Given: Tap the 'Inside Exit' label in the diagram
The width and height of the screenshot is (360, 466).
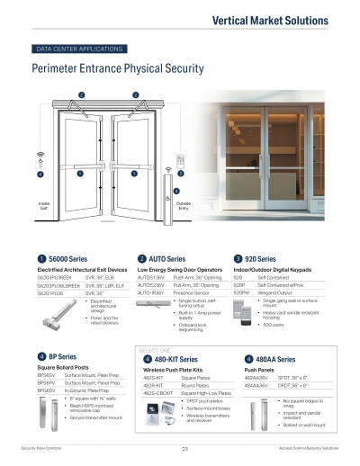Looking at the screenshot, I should [x=43, y=206].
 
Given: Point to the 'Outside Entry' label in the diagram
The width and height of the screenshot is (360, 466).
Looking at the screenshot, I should [x=183, y=206].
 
